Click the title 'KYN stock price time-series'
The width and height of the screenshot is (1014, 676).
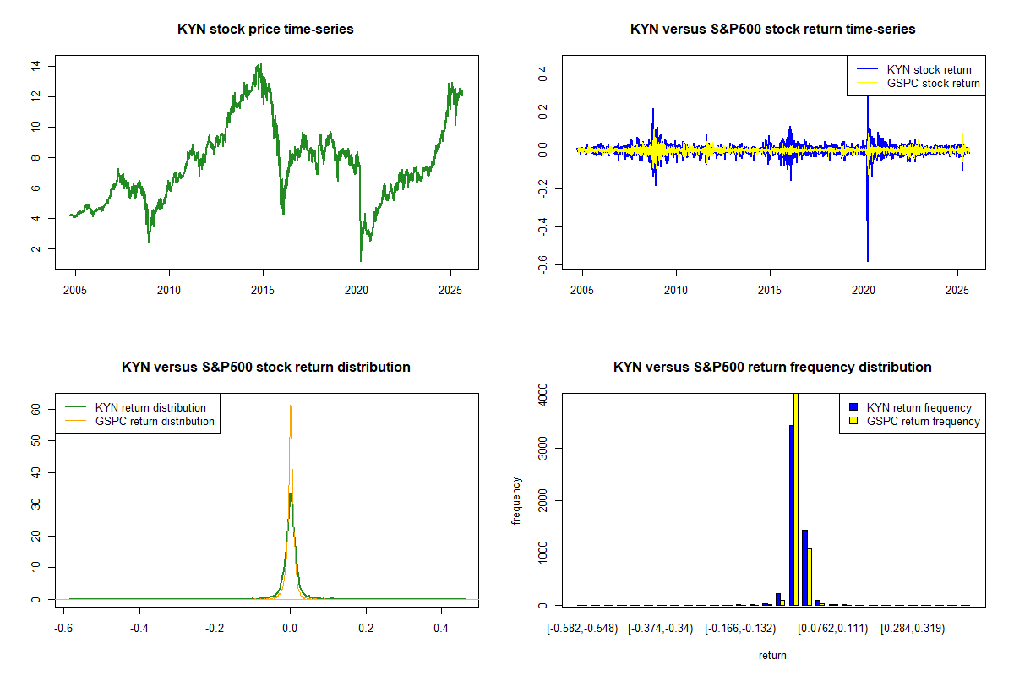[265, 30]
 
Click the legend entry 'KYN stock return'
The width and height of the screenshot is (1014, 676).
[929, 69]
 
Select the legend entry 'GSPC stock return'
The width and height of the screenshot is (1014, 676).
[933, 83]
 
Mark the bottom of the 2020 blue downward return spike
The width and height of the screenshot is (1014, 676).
[867, 260]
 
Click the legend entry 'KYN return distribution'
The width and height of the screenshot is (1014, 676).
[150, 407]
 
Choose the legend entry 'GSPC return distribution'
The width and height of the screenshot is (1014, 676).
[155, 421]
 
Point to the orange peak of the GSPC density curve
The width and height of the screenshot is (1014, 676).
[291, 406]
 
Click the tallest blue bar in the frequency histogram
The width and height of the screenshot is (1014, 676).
[792, 515]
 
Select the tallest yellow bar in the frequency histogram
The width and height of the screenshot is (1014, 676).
[796, 499]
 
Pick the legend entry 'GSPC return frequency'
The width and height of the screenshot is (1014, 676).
[923, 421]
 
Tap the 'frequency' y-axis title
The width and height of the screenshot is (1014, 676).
[516, 500]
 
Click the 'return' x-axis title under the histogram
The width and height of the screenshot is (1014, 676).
[772, 655]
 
